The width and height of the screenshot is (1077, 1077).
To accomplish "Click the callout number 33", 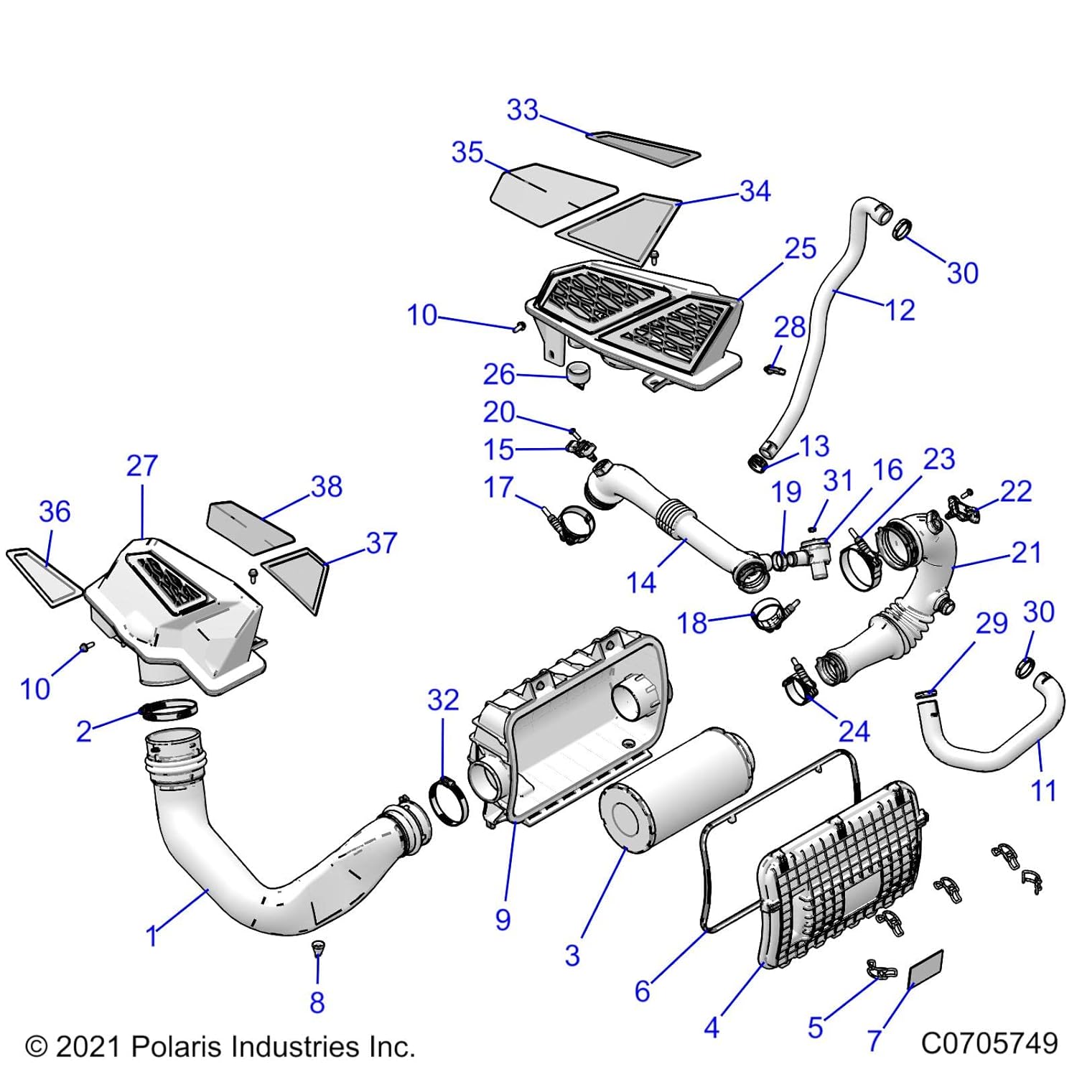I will pos(522,110).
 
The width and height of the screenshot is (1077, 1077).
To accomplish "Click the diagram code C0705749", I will pos(989,1043).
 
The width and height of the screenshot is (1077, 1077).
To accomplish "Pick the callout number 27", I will pos(141,466).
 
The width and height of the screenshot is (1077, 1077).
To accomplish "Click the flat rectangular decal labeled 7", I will pos(926,969).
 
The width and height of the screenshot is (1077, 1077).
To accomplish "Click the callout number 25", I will pos(800,248).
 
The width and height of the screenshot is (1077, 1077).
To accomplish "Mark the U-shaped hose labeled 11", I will pos(991,743).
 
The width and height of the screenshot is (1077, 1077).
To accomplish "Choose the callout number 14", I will pos(641,582).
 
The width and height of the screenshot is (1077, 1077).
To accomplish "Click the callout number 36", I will pos(55,512).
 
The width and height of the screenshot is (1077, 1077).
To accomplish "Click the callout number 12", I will pos(900,310).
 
